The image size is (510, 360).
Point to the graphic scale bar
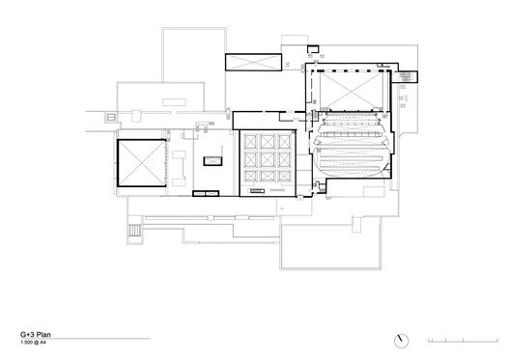click(463, 341)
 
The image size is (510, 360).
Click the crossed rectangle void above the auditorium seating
click(348, 90)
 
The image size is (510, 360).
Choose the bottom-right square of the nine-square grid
click(281, 177)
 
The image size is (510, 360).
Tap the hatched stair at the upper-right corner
click(408, 76)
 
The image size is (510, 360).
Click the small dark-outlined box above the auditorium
click(311, 48)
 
